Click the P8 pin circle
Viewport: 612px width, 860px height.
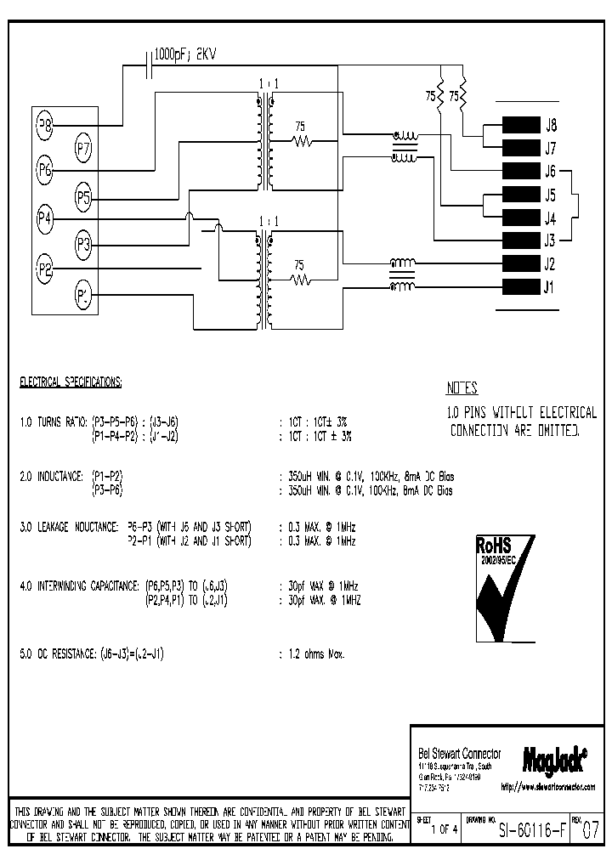(x=45, y=126)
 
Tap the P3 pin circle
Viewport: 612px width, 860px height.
(x=83, y=246)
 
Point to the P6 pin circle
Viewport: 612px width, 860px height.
(x=45, y=170)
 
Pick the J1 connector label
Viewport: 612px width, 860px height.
(x=549, y=286)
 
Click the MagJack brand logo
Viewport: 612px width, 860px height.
(x=553, y=754)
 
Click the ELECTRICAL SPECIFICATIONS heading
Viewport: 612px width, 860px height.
(x=71, y=382)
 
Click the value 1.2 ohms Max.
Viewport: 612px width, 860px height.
(x=315, y=654)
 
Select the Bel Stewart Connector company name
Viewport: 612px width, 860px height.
(x=460, y=754)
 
